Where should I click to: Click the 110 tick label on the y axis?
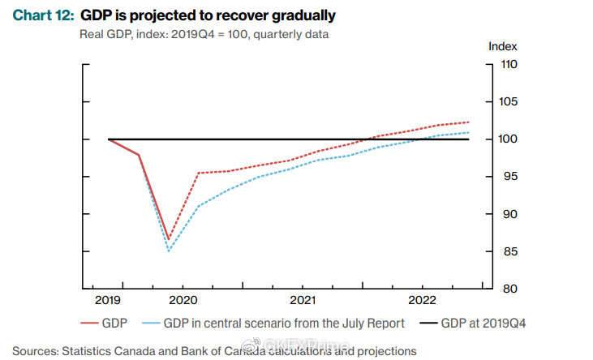click(x=509, y=64)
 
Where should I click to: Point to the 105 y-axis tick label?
click(x=509, y=101)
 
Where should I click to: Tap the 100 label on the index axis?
click(x=509, y=139)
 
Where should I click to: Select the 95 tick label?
click(x=509, y=177)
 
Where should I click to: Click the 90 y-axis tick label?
click(x=509, y=214)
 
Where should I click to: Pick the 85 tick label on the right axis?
click(x=509, y=251)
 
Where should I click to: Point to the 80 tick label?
click(x=509, y=289)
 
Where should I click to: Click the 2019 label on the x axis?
click(x=108, y=300)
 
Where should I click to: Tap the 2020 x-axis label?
click(x=183, y=300)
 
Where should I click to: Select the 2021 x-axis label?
click(x=303, y=300)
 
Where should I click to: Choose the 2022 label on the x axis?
click(x=422, y=300)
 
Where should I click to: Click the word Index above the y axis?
click(x=503, y=46)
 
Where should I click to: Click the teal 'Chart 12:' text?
click(x=44, y=15)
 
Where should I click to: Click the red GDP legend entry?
click(x=104, y=324)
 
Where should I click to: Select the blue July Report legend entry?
click(x=273, y=324)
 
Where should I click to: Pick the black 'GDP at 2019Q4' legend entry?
click(x=473, y=324)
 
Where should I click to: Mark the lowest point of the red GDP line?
click(x=169, y=240)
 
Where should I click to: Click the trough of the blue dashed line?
click(x=169, y=251)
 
